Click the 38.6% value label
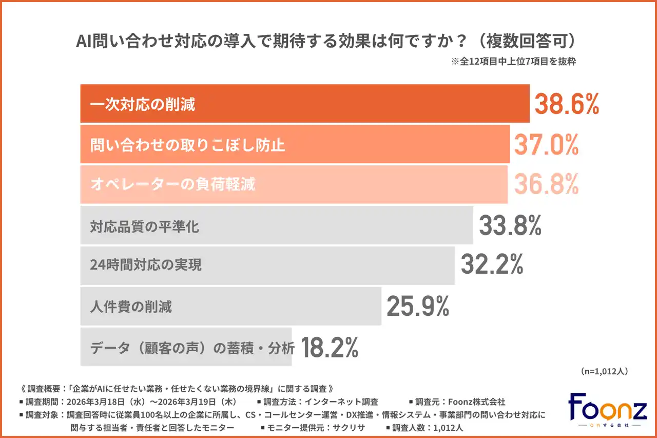(567, 104)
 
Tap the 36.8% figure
(546, 184)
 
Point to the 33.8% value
(510, 225)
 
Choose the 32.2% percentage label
(492, 265)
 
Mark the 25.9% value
(417, 306)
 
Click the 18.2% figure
(329, 347)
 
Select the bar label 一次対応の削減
(143, 105)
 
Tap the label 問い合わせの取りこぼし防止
(187, 145)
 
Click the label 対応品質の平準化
(144, 226)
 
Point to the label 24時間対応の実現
(146, 265)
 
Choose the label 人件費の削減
(131, 307)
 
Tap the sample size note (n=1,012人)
(604, 371)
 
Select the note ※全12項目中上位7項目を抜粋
(513, 62)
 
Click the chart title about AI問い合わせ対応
(328, 41)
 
